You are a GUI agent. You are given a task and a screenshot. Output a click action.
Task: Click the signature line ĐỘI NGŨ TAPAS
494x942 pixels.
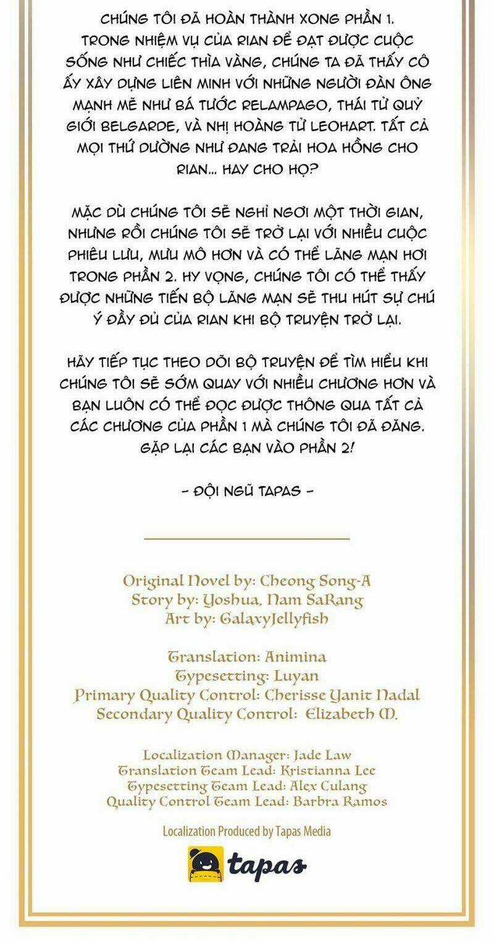click(x=246, y=491)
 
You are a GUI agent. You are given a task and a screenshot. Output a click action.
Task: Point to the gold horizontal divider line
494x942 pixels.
click(x=246, y=539)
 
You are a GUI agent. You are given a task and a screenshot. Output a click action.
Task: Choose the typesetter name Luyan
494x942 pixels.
click(x=295, y=675)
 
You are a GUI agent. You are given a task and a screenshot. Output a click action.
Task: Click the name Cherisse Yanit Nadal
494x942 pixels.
click(x=342, y=694)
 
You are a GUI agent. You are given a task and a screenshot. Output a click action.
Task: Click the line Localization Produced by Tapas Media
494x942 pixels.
click(x=246, y=831)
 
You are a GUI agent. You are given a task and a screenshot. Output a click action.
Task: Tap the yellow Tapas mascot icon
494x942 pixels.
click(x=206, y=864)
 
